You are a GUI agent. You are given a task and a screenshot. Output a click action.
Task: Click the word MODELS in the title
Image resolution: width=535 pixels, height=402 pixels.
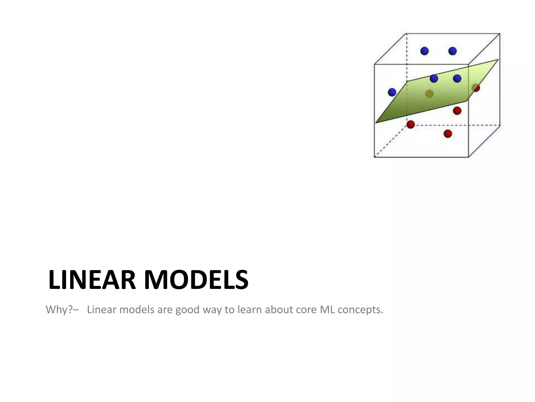[196, 280]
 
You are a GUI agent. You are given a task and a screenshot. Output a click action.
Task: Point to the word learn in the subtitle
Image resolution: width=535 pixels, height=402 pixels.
[249, 310]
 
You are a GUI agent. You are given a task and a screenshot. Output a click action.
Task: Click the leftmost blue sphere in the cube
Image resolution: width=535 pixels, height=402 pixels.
[392, 92]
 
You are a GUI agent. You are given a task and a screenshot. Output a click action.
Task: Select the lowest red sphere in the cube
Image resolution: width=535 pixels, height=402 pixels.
[448, 134]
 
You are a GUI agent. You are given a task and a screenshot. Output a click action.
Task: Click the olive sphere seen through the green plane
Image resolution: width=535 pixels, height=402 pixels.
[429, 94]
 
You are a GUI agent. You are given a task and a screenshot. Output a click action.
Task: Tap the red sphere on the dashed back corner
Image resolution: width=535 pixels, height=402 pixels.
[411, 124]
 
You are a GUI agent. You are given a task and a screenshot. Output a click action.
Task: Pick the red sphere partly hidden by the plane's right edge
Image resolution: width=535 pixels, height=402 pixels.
[476, 88]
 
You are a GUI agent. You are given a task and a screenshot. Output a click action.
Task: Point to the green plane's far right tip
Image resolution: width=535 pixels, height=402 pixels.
[498, 60]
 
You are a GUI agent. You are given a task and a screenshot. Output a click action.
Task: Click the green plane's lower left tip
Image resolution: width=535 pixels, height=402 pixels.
[376, 122]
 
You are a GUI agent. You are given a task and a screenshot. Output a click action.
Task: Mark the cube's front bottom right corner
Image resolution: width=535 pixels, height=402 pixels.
[468, 157]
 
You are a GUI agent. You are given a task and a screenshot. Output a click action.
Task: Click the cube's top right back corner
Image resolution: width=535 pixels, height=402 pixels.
[500, 33]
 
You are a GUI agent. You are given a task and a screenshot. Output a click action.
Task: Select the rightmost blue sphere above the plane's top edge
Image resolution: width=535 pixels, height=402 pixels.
[457, 78]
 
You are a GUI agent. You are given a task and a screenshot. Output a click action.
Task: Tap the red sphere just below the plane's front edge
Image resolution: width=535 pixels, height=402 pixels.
[457, 110]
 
